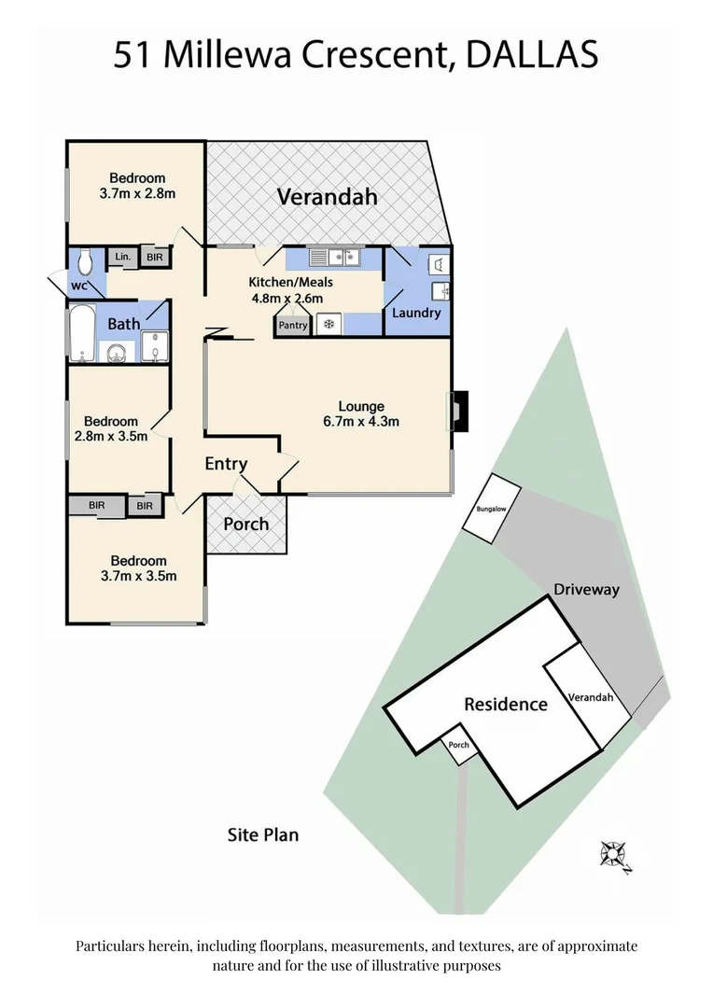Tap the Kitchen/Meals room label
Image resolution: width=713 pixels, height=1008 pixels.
(289, 282)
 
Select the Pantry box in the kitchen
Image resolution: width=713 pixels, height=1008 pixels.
(292, 326)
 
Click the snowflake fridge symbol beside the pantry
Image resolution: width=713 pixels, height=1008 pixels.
(328, 325)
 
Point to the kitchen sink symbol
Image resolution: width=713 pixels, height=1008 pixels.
(335, 257)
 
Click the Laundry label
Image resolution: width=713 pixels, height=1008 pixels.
(416, 313)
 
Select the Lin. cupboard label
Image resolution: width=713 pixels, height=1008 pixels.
(122, 257)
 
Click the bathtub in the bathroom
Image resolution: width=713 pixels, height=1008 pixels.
(82, 332)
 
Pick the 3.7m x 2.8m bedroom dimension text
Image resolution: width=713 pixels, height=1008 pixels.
(138, 194)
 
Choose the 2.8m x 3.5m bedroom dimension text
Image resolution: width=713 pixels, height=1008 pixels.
(110, 436)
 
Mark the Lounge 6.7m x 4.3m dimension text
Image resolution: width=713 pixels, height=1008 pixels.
(361, 421)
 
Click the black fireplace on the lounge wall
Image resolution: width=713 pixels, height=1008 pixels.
(460, 411)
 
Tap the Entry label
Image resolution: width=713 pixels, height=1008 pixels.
(226, 464)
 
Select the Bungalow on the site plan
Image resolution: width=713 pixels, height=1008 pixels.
(492, 509)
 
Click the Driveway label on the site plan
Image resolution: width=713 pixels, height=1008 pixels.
(586, 590)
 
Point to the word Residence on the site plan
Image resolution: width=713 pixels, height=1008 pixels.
(506, 704)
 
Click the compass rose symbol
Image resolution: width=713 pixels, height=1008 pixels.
(614, 853)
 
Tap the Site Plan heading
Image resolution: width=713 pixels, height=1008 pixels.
(263, 833)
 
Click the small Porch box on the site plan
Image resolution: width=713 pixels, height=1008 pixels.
(458, 745)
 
